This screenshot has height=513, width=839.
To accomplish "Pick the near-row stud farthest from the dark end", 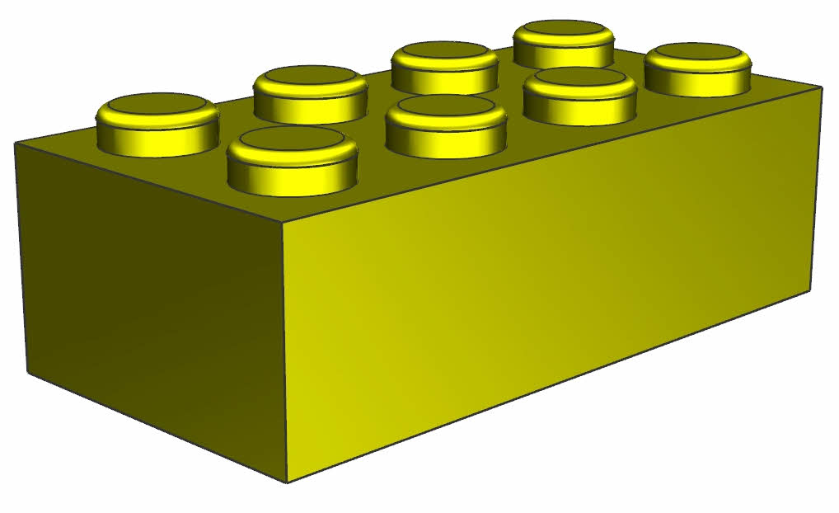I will (x=698, y=68).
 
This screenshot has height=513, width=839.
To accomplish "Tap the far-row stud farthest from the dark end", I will (x=565, y=44).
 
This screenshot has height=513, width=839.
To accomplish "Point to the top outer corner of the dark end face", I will (x=15, y=143).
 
